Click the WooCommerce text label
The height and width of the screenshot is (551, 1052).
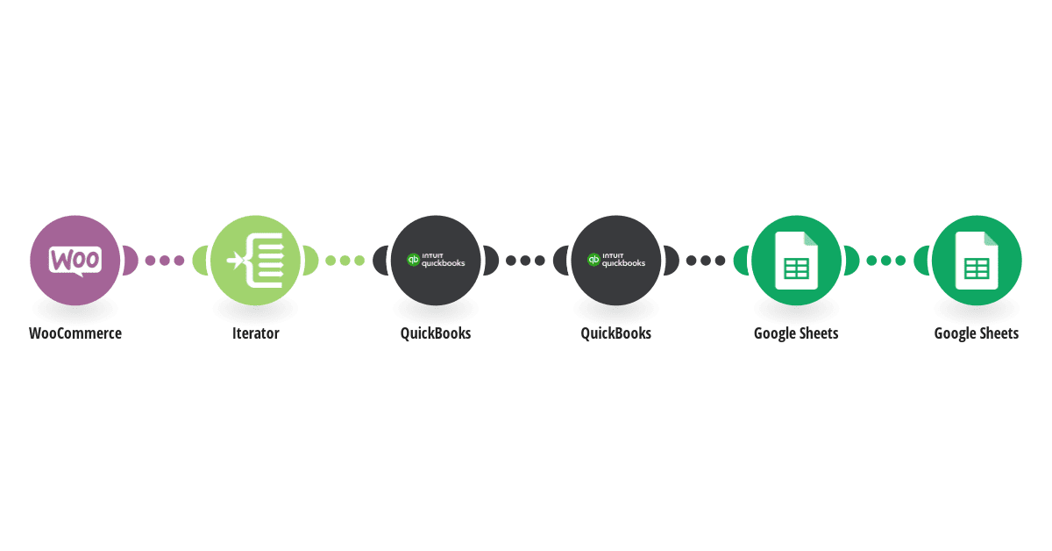(75, 333)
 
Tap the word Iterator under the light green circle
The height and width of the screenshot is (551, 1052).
(255, 333)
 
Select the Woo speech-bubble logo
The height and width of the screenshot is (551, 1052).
(75, 261)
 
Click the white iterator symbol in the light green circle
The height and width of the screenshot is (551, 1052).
(255, 261)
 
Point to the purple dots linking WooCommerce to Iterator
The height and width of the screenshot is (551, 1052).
(165, 261)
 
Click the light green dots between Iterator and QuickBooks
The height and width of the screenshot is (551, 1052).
(345, 261)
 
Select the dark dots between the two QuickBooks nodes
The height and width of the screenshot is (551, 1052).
(525, 261)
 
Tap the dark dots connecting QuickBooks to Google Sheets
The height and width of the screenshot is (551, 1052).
(706, 261)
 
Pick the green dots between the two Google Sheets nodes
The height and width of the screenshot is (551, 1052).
(885, 261)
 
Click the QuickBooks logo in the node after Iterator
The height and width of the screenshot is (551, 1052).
(436, 260)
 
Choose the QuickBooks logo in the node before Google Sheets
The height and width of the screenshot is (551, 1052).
(616, 260)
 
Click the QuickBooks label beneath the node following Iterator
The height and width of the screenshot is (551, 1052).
(436, 333)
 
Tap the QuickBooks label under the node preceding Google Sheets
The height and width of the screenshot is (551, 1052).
(616, 333)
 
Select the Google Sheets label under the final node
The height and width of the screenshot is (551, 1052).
(977, 333)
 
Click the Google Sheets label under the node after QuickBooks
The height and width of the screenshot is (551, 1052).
(796, 333)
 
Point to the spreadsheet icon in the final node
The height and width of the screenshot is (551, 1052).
(977, 261)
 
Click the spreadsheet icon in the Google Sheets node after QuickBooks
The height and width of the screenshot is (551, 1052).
(797, 261)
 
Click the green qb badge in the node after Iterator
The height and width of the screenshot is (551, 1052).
(413, 260)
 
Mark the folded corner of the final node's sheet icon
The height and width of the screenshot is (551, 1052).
(992, 239)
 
